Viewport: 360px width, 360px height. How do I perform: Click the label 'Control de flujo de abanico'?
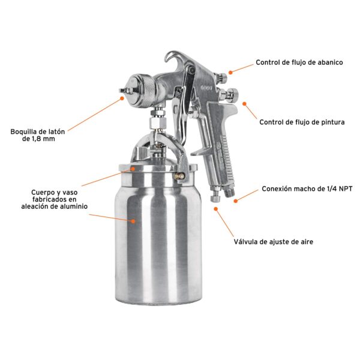pos(299,62)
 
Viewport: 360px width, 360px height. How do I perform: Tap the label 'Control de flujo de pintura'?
pos(302,122)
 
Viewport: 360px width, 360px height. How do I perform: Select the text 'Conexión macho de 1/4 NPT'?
pos(307,189)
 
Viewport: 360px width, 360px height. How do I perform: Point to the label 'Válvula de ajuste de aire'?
pos(274,242)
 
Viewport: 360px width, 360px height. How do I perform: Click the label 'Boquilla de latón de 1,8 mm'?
pos(38,135)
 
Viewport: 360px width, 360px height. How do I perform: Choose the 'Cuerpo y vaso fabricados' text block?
pos(55,199)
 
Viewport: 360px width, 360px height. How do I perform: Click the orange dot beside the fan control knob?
pos(230,73)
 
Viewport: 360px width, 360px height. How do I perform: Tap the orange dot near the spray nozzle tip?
pos(122,98)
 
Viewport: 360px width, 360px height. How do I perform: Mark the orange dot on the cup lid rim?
pos(133,169)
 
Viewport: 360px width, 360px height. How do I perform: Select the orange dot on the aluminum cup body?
pos(133,221)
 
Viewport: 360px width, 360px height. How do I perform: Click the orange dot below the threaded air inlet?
pos(236,201)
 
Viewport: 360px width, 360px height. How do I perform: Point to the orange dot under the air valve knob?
pos(215,209)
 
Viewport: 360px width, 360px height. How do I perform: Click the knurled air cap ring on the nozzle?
pos(149,90)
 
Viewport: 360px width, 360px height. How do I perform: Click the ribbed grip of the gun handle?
pos(226,156)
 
